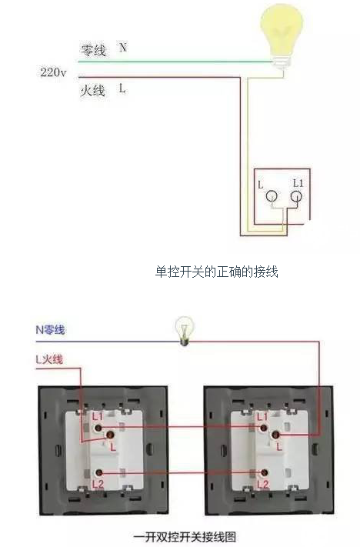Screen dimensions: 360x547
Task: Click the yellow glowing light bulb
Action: tap(282, 35)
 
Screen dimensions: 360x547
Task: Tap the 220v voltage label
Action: tap(53, 72)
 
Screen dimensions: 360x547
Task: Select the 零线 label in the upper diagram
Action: tap(93, 50)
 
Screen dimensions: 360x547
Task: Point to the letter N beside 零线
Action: tap(122, 47)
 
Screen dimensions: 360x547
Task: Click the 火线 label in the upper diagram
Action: tap(92, 91)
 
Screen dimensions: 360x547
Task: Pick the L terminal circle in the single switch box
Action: tap(272, 197)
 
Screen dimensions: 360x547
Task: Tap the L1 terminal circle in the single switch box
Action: tap(296, 197)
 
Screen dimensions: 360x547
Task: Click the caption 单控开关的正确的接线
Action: tap(216, 272)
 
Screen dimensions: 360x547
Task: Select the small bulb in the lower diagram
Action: tap(184, 331)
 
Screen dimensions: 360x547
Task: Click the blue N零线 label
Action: tap(50, 330)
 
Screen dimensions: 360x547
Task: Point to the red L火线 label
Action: tap(49, 359)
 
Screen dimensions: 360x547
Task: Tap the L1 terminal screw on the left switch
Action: tap(98, 428)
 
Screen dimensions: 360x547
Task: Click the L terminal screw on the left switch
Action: tap(111, 435)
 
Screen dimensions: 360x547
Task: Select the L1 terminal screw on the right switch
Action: tap(264, 428)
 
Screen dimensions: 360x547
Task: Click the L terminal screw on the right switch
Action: tap(276, 435)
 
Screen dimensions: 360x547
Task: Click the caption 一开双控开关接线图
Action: tap(185, 536)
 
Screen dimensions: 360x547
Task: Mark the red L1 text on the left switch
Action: tap(98, 416)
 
